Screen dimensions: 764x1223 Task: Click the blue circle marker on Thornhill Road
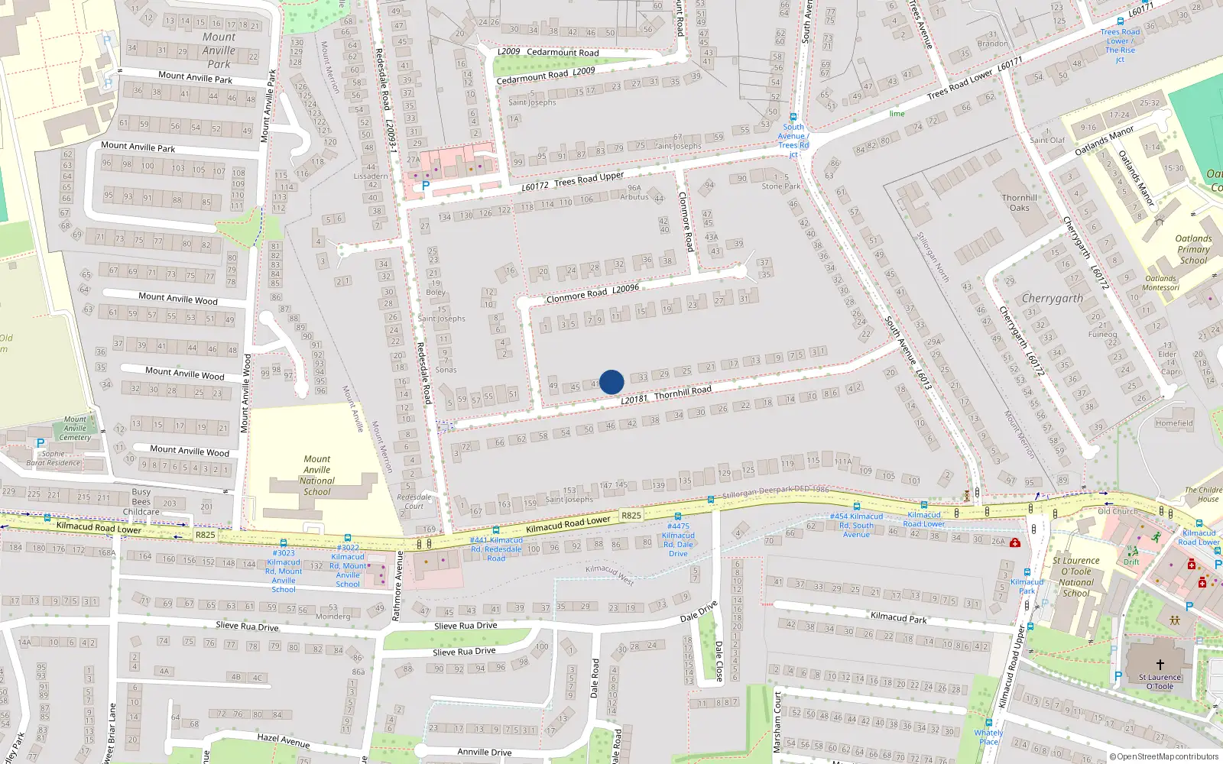tap(611, 382)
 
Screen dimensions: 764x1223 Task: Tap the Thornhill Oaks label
tap(1020, 202)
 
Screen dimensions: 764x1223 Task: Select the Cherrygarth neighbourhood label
tap(1053, 299)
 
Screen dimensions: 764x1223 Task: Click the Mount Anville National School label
tap(317, 475)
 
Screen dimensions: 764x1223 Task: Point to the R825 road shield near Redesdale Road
tap(631, 516)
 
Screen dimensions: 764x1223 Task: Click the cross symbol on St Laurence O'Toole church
tap(1160, 665)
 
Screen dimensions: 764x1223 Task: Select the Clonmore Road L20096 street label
tap(592, 292)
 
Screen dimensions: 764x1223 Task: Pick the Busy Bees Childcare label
tap(141, 502)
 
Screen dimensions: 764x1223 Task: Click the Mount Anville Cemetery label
tap(75, 429)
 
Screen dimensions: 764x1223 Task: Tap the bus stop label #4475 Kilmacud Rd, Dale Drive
tap(678, 539)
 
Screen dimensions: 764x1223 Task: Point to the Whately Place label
tap(988, 737)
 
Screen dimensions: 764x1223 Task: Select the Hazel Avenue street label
tap(284, 740)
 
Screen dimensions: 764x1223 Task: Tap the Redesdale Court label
tap(414, 501)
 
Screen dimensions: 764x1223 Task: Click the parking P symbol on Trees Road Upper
tap(426, 185)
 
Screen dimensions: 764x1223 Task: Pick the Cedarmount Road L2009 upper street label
tap(548, 53)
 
